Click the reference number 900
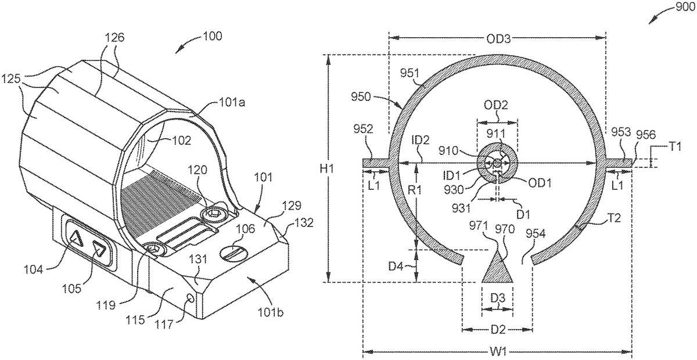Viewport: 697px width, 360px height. click(684, 6)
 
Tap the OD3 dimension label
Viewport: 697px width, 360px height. click(498, 39)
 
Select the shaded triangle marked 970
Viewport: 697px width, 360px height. click(497, 268)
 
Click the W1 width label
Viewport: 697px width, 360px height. click(498, 353)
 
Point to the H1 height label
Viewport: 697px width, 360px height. click(326, 168)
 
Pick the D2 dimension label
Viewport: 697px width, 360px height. click(498, 330)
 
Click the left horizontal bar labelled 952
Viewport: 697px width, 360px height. click(376, 163)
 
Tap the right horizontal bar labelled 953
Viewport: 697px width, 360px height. click(619, 163)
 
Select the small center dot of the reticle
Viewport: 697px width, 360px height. click(497, 163)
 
